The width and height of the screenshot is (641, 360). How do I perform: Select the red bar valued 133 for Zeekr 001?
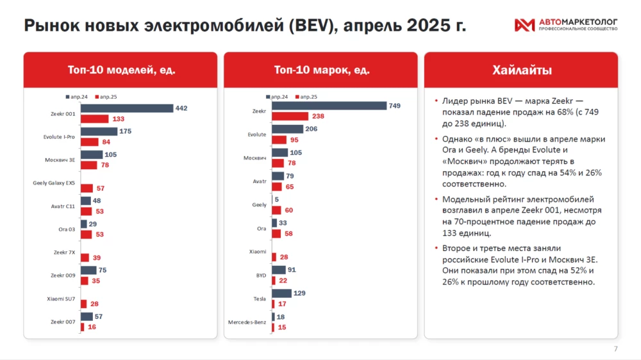pyautogui.click(x=95, y=119)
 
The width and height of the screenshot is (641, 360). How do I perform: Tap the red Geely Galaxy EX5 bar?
pyautogui.click(x=87, y=188)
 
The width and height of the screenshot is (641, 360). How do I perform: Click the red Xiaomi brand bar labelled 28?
pyautogui.click(x=274, y=257)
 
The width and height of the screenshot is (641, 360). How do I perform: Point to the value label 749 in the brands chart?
pyautogui.click(x=394, y=106)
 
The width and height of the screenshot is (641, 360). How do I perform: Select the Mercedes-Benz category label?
pyautogui.click(x=247, y=322)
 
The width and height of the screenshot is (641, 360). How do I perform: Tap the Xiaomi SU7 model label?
pyautogui.click(x=62, y=299)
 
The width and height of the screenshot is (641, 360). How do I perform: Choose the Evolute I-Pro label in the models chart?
pyautogui.click(x=56, y=136)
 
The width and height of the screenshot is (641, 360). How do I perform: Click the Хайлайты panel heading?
pyautogui.click(x=521, y=70)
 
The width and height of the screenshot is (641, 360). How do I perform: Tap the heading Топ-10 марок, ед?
pyautogui.click(x=319, y=70)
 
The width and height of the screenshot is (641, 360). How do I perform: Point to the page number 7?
pyautogui.click(x=616, y=348)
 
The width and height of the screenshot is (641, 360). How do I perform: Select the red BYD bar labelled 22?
pyautogui.click(x=273, y=281)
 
